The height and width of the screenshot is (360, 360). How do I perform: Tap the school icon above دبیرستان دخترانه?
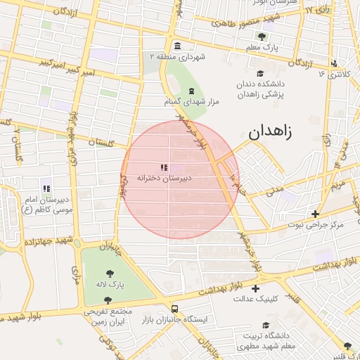163,168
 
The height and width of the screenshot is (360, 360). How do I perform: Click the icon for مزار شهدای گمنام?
191,91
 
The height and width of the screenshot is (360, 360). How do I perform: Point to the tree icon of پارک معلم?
262,37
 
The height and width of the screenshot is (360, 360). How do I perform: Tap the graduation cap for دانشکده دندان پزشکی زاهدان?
260,74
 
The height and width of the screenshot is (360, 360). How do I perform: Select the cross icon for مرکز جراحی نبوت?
315,214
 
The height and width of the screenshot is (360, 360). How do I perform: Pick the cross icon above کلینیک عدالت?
255,288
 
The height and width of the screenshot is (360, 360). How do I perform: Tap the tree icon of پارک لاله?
110,274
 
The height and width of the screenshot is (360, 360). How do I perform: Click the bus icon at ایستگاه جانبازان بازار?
174,309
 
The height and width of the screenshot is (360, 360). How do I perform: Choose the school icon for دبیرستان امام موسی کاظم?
46,188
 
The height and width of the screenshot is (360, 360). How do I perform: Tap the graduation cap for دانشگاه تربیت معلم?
266,326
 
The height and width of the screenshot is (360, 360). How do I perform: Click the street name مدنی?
275,190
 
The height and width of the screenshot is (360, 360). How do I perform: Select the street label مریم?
337,184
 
